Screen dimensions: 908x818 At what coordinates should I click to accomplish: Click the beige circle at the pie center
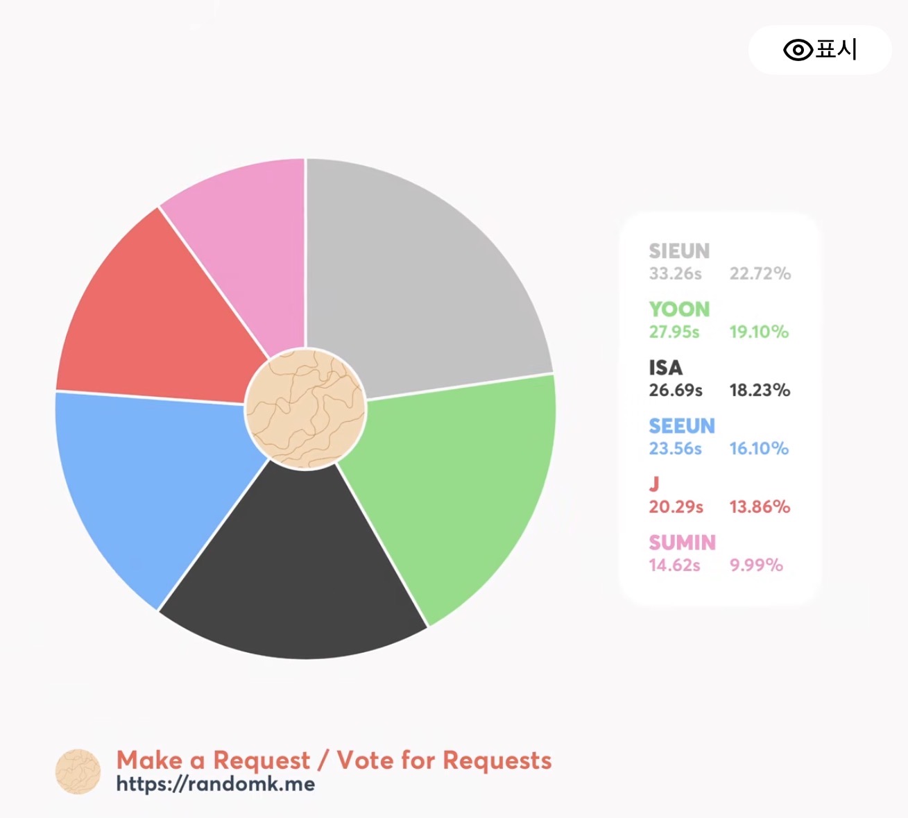click(305, 409)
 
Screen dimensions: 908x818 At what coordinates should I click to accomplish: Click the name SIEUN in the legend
click(679, 251)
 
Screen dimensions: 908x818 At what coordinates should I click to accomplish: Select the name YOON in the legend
click(679, 309)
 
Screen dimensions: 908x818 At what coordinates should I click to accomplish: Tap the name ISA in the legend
click(665, 368)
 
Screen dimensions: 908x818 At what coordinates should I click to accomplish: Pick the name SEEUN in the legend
click(682, 426)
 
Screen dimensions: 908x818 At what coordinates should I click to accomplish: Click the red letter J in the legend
click(654, 484)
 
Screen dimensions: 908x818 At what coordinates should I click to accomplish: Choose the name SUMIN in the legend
click(682, 543)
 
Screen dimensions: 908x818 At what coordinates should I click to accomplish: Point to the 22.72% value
click(760, 273)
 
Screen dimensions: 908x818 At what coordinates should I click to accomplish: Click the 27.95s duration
click(674, 332)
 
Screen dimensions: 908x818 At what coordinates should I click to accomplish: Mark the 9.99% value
click(756, 565)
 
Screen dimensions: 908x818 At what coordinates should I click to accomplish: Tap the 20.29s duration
click(676, 507)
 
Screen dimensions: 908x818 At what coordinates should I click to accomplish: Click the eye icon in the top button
click(798, 49)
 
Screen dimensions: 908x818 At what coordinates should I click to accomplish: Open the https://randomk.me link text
click(216, 785)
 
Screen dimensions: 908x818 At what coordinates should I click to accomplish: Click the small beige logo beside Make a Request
click(78, 772)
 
